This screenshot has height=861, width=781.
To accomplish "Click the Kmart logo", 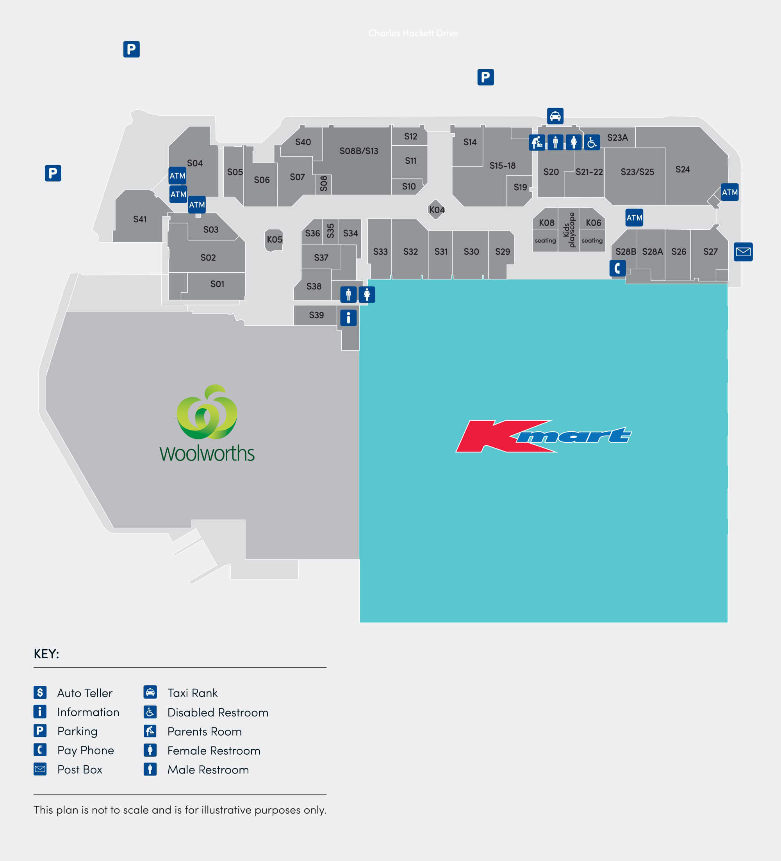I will pos(543,436).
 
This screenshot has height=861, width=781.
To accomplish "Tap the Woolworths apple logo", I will pos(207,412).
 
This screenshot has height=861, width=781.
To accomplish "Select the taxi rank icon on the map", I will pos(555,116).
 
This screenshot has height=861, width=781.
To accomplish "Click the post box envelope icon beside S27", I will pos(743,252).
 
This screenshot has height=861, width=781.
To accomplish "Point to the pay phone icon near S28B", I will pos(617,268).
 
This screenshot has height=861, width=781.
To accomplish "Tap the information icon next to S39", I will pos(348,318).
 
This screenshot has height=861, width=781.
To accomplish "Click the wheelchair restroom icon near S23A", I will pos(591,142).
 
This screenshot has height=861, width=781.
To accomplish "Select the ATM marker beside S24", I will pos(729,192).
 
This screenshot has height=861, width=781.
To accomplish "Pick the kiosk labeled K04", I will pos(437,210).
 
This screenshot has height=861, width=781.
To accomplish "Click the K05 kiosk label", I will pos(274,239).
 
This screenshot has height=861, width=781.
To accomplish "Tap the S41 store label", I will pos(140,219).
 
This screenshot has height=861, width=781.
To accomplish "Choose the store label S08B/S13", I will pos(359,151).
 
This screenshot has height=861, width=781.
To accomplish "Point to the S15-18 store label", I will pos(502,165).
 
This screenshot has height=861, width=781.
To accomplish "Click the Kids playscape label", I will pos(569,229).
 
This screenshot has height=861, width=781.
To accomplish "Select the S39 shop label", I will pos(316,315).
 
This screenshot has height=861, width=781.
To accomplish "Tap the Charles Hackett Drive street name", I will pos(413,33).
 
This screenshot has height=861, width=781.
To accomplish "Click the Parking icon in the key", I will pos(40,731).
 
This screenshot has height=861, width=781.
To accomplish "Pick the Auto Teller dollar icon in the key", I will pos(40,692).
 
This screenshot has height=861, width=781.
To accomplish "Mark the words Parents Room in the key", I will pos(204,732).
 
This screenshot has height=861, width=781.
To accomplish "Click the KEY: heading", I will pos(46,654).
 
